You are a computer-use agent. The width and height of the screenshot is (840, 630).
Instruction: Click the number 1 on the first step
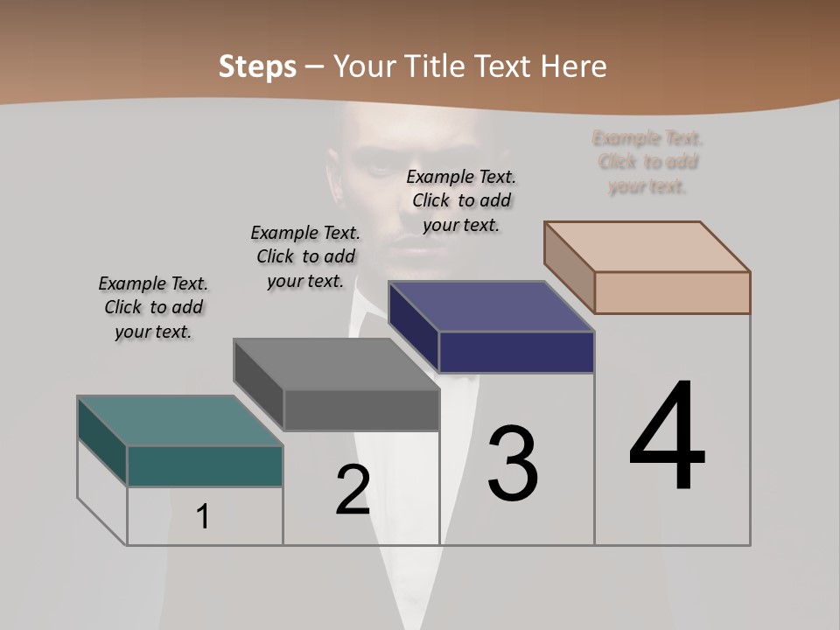(x=203, y=516)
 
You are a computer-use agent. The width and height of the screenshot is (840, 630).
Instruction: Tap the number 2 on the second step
(x=353, y=490)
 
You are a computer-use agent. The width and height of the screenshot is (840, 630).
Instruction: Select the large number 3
(x=513, y=464)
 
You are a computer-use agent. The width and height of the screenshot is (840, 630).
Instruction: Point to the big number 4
(x=667, y=437)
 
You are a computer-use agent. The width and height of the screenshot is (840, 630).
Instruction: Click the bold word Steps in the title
(x=257, y=66)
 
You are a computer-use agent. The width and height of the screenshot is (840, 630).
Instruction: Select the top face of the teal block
(x=179, y=421)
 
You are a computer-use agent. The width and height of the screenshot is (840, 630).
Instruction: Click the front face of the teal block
(x=205, y=465)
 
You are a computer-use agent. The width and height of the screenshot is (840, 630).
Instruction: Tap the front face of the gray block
(x=361, y=409)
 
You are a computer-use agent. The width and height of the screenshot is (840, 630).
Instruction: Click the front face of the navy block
(x=516, y=352)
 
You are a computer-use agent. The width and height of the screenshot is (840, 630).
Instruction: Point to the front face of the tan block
(x=672, y=292)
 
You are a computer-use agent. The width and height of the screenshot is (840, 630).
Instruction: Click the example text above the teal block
(x=153, y=307)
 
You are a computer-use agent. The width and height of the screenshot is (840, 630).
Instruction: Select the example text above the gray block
(x=305, y=256)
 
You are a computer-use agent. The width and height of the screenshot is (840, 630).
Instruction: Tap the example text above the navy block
(x=461, y=200)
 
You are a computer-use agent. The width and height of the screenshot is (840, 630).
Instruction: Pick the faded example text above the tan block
(x=647, y=162)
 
